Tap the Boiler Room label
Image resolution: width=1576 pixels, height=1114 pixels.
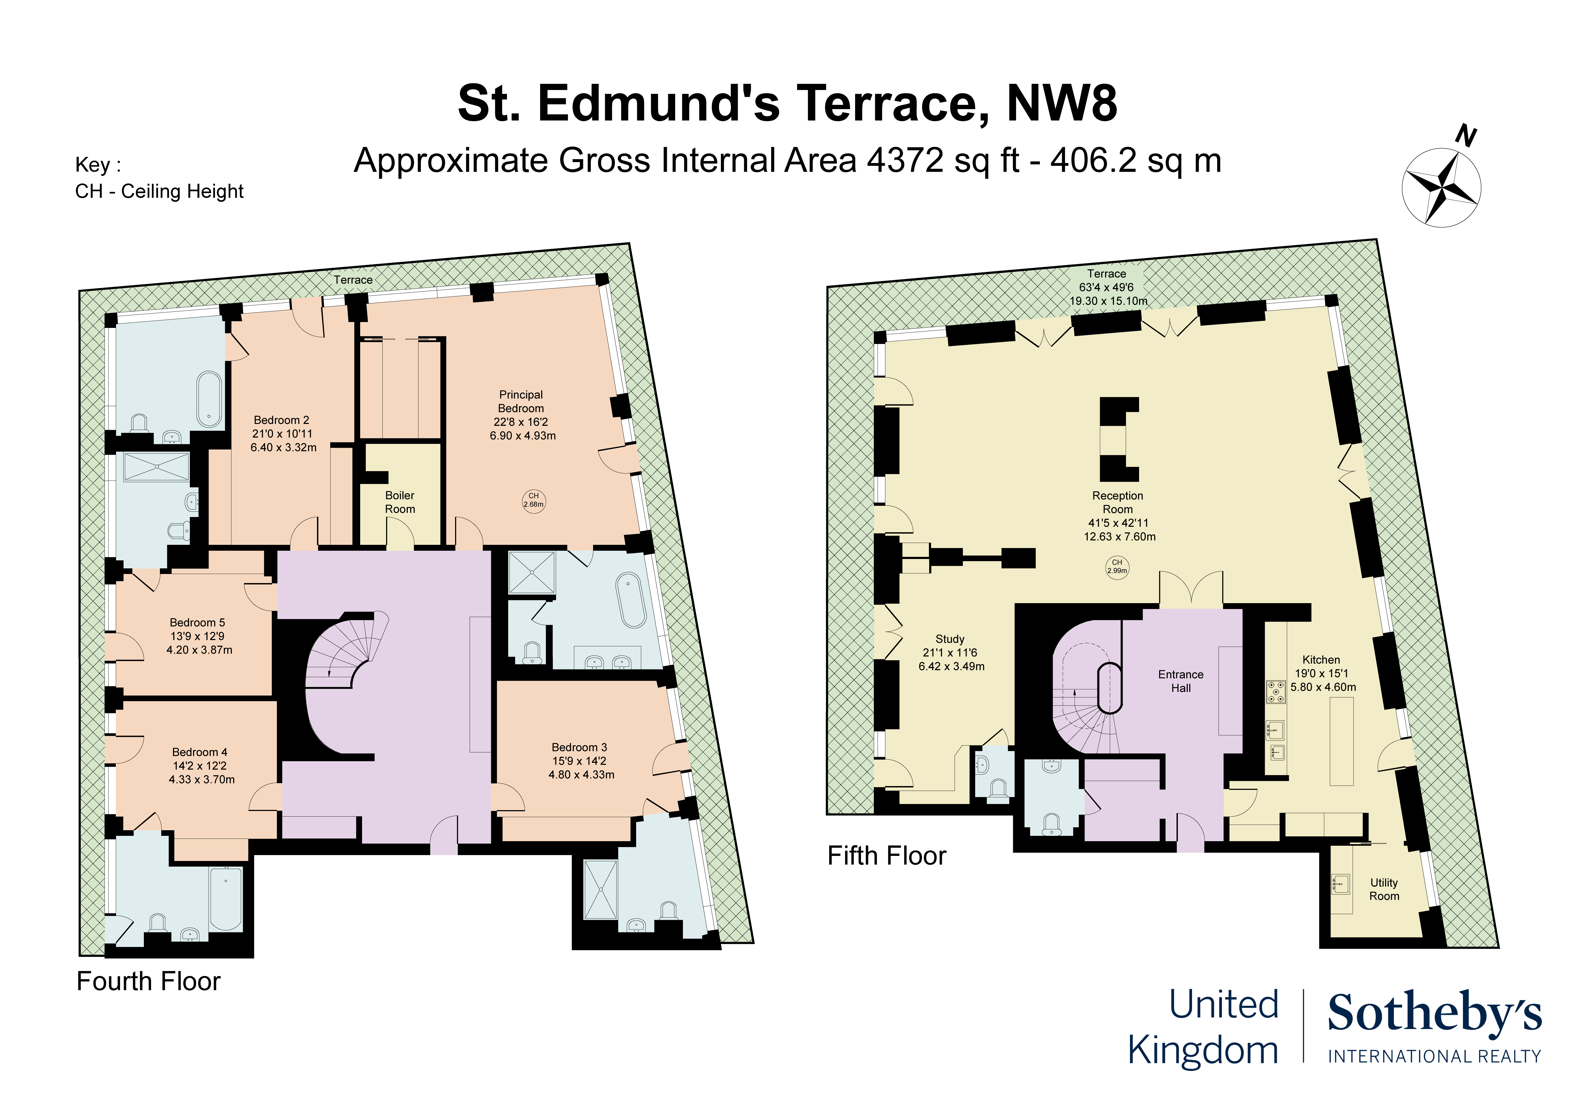399,502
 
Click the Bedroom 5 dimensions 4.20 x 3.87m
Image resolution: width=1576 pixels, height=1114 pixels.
199,650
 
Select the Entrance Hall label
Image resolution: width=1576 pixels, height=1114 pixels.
1181,681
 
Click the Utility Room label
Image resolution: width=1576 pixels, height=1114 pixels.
1384,889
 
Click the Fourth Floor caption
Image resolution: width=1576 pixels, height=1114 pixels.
148,981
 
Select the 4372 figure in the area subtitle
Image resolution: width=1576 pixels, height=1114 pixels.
905,161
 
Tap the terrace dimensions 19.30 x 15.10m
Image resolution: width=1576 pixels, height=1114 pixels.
1108,301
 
